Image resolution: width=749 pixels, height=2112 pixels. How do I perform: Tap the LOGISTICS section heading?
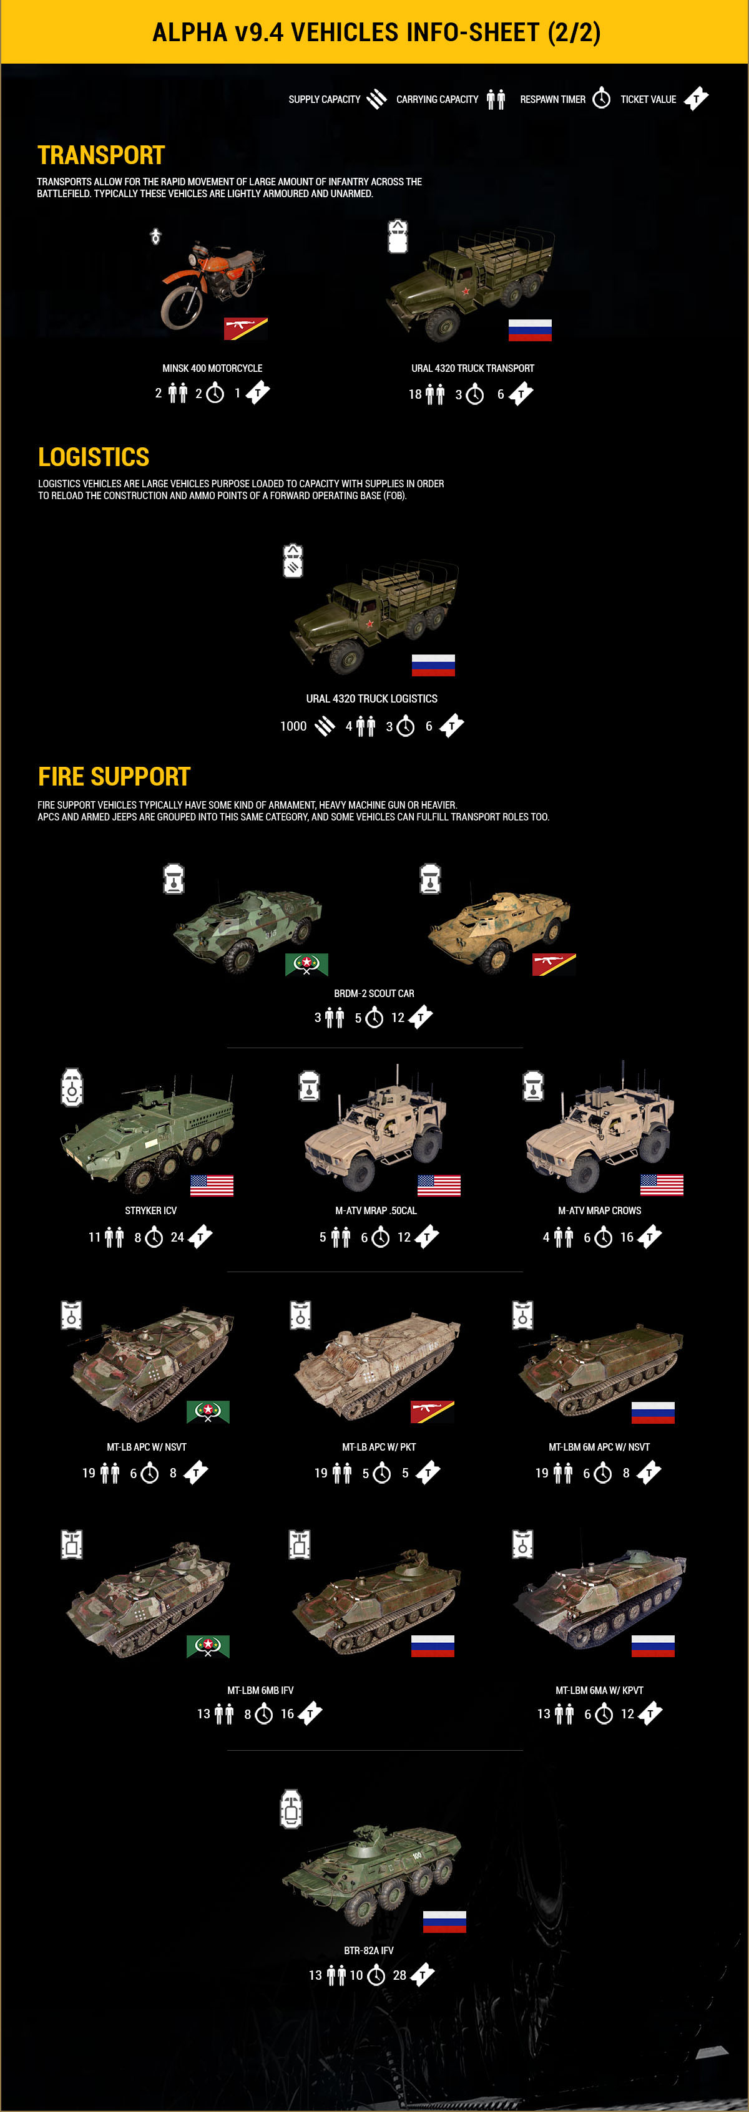point(94,457)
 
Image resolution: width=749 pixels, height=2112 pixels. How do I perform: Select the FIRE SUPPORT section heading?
point(114,776)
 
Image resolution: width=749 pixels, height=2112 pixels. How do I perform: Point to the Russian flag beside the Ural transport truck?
point(530,329)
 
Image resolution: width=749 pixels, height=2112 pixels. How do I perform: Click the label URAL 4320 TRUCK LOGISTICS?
point(371,699)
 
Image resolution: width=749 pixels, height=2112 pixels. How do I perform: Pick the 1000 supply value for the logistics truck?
point(293,726)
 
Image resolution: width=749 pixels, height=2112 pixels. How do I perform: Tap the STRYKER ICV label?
point(151,1210)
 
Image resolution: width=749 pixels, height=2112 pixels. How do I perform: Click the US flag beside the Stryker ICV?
point(212,1185)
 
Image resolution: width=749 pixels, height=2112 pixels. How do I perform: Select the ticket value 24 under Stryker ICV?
point(177,1237)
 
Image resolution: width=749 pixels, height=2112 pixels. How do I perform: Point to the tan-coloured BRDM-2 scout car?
point(497,929)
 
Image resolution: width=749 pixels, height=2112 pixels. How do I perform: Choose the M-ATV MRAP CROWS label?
point(600,1210)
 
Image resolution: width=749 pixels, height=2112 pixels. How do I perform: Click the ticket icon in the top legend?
point(696,99)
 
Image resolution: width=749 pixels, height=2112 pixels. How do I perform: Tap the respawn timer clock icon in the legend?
point(601,99)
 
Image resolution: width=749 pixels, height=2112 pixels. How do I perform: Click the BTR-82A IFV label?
point(369,1950)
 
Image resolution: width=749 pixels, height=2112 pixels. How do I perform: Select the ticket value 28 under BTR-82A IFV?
point(399,1976)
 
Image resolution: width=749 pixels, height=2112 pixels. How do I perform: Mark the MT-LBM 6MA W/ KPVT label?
point(600,1691)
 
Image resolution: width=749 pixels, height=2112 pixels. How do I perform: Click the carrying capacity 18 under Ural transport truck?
point(415,394)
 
